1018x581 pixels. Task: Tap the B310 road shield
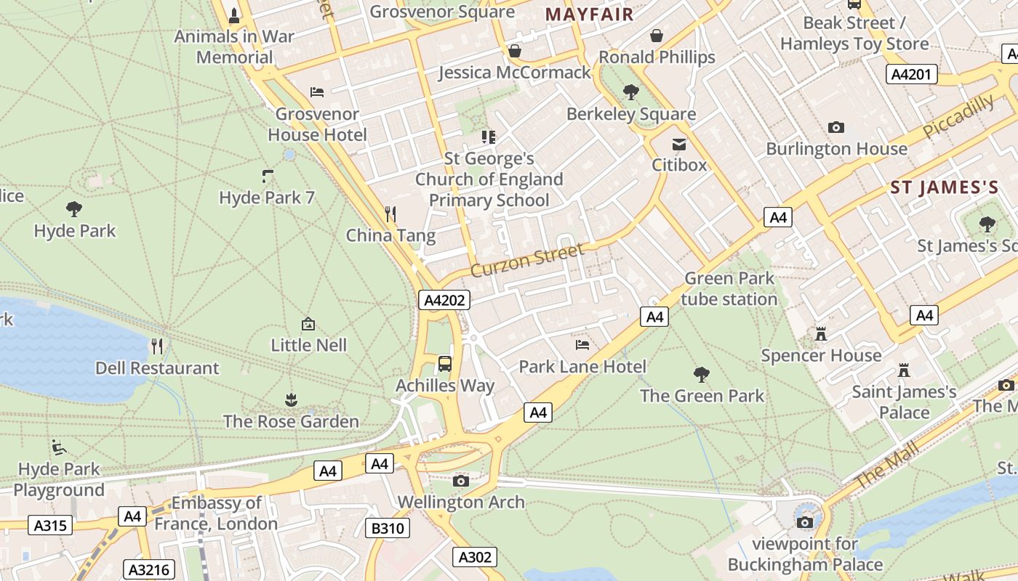388,528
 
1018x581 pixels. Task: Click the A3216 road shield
149,569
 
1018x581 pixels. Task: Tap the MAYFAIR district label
589,14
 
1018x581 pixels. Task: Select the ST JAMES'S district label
945,187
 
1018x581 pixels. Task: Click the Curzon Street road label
527,260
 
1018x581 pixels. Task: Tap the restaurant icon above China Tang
390,214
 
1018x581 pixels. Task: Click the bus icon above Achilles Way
445,363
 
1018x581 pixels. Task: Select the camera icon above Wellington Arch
460,480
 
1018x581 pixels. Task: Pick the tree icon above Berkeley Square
631,92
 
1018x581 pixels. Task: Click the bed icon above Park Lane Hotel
582,344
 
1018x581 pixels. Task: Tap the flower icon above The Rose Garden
291,399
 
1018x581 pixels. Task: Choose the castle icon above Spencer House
821,333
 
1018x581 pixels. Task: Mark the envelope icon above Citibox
678,144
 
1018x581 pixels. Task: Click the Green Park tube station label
730,288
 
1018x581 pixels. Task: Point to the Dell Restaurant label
157,367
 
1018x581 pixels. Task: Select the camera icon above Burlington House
836,127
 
